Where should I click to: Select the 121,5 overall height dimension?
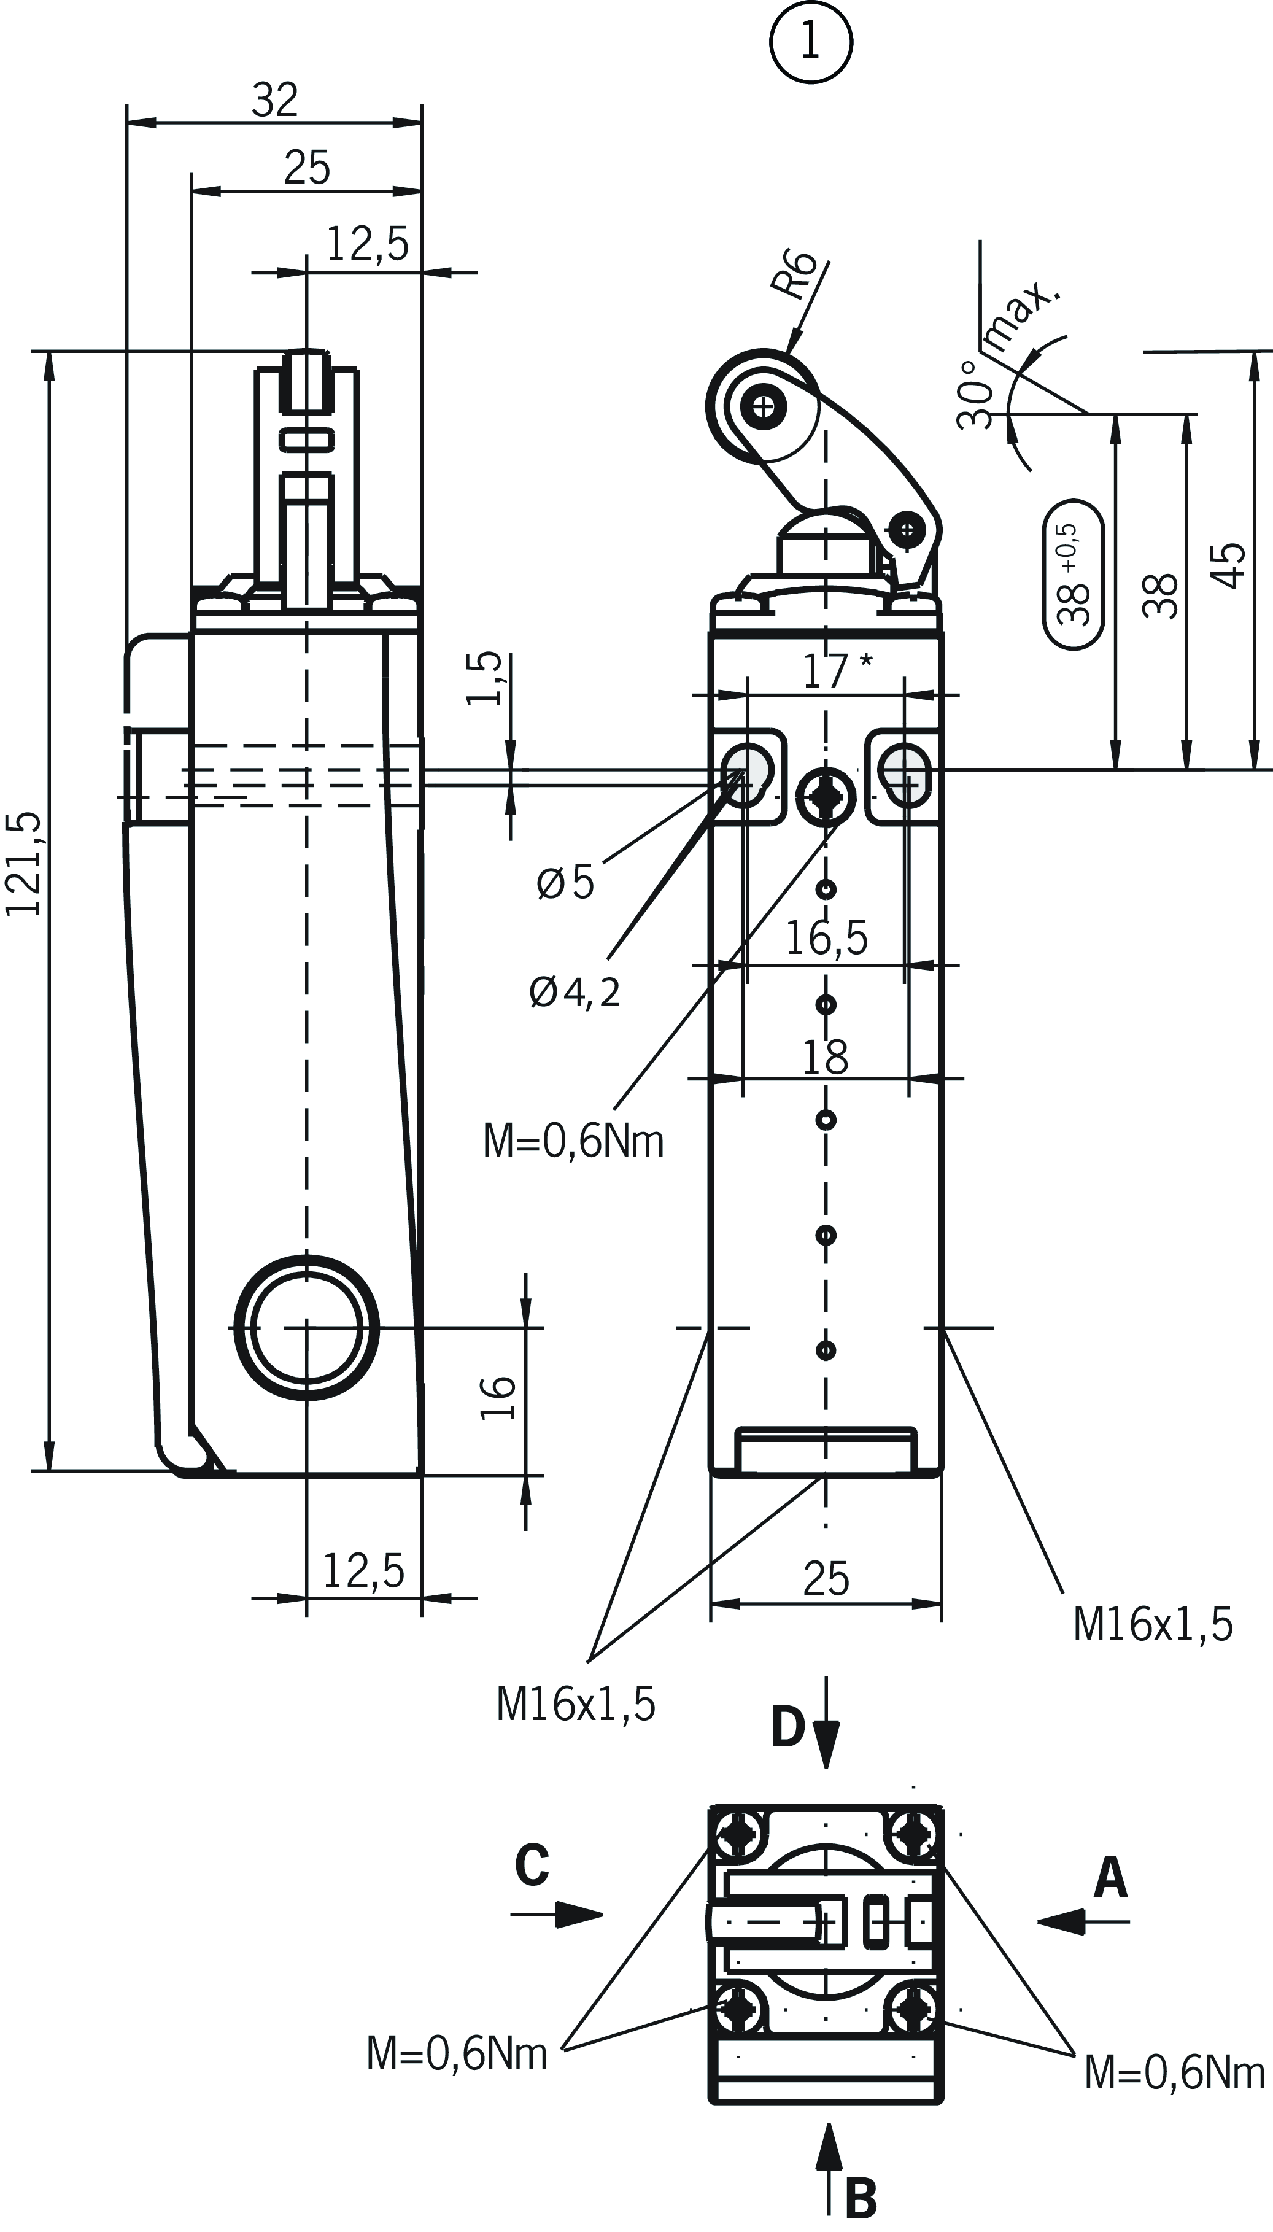pos(25,864)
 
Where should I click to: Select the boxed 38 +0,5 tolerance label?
pos(1075,575)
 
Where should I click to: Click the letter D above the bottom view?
pos(787,1727)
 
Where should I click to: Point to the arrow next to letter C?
pos(568,1915)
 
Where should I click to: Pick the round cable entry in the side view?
pos(307,1327)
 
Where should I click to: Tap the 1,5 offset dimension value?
pos(486,678)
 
